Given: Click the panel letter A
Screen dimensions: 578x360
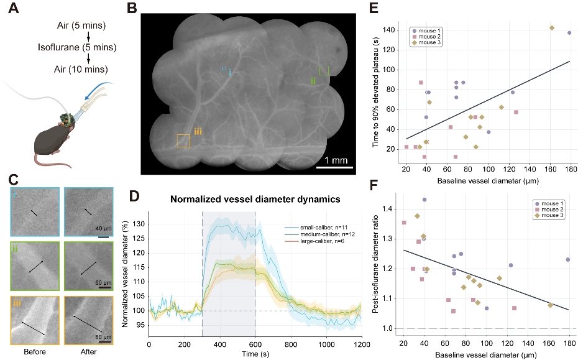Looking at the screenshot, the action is pyautogui.click(x=14, y=8).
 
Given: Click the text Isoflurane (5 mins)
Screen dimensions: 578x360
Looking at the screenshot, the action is pyautogui.click(x=77, y=47).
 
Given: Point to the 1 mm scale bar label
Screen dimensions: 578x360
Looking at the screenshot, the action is pyautogui.click(x=336, y=160).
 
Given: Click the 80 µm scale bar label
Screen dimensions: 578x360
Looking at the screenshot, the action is pyautogui.click(x=103, y=337).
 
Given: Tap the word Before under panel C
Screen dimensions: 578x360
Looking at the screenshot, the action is pyautogui.click(x=35, y=351).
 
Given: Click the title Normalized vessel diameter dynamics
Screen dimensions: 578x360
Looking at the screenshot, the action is pyautogui.click(x=255, y=199).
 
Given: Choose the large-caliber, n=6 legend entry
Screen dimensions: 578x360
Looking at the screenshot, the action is pyautogui.click(x=315, y=241).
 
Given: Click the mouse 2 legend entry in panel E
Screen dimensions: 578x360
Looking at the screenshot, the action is pyautogui.click(x=426, y=37).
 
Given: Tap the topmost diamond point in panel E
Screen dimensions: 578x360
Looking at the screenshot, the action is pyautogui.click(x=552, y=27).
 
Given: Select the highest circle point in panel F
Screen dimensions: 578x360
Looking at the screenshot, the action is pyautogui.click(x=424, y=200).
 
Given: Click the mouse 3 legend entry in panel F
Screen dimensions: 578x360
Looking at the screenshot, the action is pyautogui.click(x=549, y=215).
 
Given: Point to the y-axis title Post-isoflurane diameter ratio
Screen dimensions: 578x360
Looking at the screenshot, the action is pyautogui.click(x=375, y=264).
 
